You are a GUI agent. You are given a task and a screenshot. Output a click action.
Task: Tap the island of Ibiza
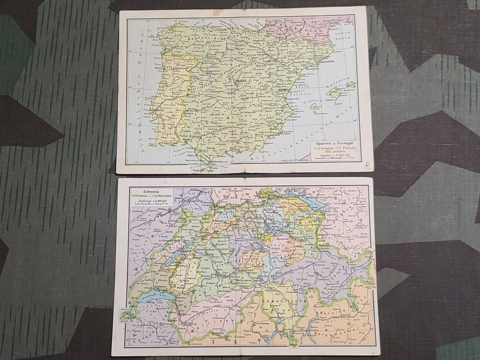tap(314, 106)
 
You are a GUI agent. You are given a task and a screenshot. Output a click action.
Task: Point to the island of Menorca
tap(351, 85)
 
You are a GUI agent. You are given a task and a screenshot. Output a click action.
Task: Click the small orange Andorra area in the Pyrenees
tap(309, 41)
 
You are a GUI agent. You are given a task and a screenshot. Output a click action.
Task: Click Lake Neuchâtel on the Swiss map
tap(175, 255)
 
